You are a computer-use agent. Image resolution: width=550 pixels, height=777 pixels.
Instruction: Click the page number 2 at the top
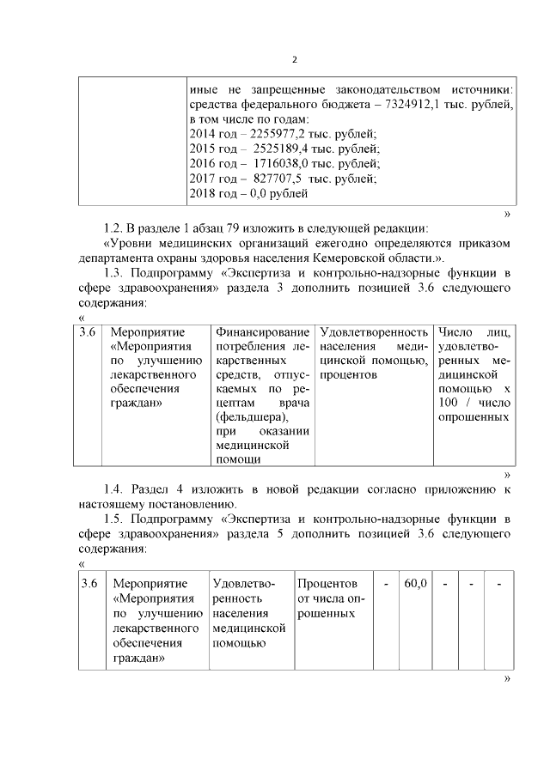295,59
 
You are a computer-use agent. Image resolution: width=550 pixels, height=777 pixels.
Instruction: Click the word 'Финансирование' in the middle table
262,331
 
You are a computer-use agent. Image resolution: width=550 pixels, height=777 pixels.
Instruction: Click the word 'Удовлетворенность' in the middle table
373,331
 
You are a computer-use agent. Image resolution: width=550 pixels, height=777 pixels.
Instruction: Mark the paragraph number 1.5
114,519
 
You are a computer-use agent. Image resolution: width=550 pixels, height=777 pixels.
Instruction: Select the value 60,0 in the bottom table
416,585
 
